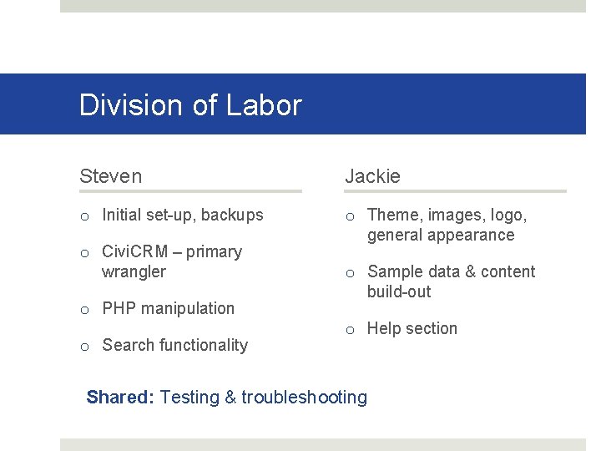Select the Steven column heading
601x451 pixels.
(x=110, y=176)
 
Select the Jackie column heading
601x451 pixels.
(x=372, y=176)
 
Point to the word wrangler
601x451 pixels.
(x=134, y=271)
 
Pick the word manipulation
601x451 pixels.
(x=186, y=308)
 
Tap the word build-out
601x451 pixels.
(x=399, y=291)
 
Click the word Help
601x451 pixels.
(x=383, y=328)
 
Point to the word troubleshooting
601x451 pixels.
(x=305, y=398)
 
